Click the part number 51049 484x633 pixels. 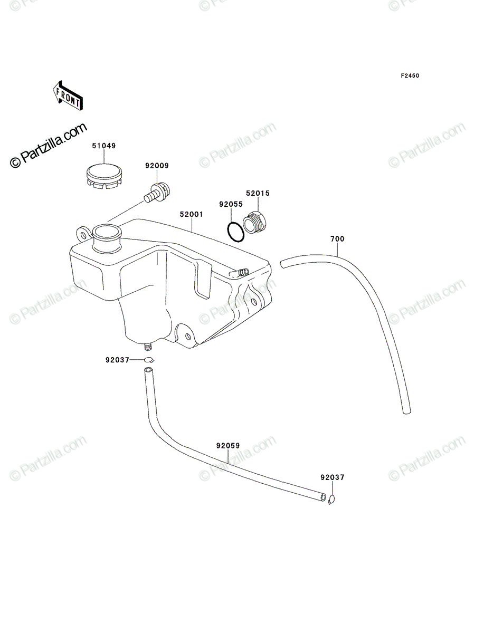[x=104, y=146]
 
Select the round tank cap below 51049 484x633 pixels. [x=105, y=177]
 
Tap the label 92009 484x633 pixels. [x=157, y=166]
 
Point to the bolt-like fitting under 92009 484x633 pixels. [x=157, y=193]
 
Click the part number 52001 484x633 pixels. [x=192, y=214]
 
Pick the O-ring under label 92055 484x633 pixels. [x=235, y=233]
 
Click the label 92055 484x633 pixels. [x=231, y=204]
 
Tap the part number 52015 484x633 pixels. [x=258, y=193]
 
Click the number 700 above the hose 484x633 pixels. [x=337, y=239]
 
